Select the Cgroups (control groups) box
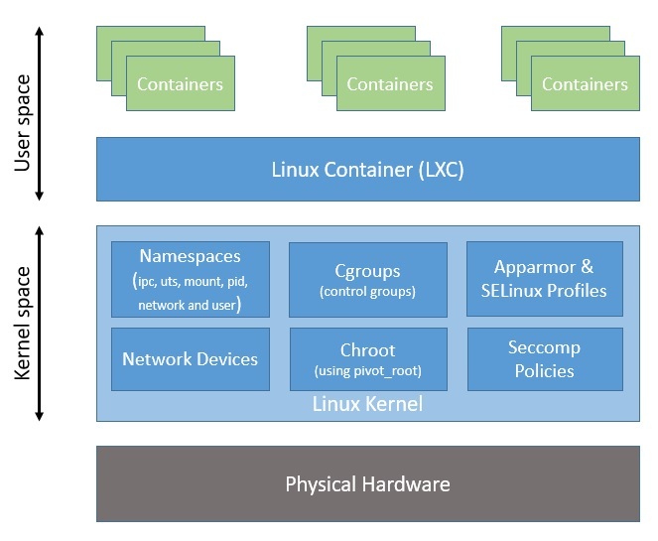click(x=367, y=279)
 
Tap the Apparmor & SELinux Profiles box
click(x=544, y=279)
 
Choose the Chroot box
click(x=367, y=359)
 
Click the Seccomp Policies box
click(x=544, y=359)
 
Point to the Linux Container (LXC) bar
click(x=367, y=169)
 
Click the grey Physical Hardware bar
click(x=367, y=484)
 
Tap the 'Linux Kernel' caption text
click(x=367, y=404)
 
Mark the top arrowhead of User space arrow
click(x=41, y=31)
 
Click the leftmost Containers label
click(x=180, y=84)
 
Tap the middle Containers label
click(x=390, y=84)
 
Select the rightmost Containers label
click(x=585, y=84)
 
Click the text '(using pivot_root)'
click(x=367, y=371)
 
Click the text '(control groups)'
click(x=367, y=292)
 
